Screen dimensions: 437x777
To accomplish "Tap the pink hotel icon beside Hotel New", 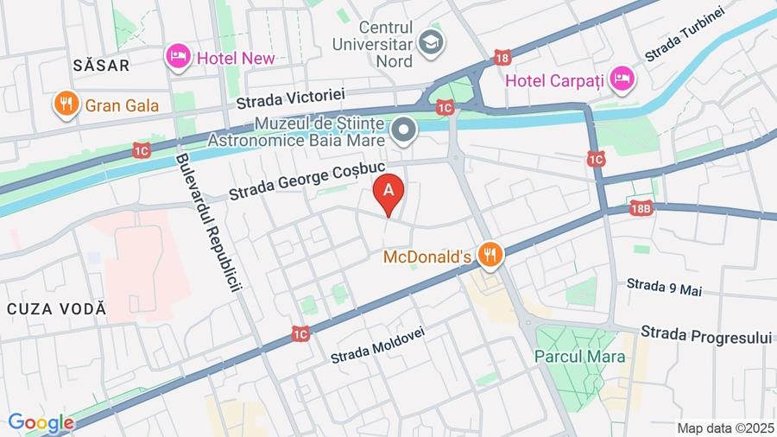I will (x=177, y=58).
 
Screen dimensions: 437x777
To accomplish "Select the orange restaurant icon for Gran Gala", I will (x=65, y=104).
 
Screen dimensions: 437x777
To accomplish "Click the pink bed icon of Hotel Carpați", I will (x=621, y=80).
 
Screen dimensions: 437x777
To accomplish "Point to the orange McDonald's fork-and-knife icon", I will (x=490, y=254).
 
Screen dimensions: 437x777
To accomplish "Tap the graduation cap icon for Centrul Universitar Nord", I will (x=429, y=40).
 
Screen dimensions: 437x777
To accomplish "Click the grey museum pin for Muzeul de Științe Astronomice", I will (x=403, y=131).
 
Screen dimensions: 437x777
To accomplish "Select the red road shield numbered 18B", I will (x=641, y=209).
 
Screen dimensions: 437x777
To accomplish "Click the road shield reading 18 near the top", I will (x=502, y=58).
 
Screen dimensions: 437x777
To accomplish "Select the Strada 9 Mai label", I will (x=664, y=286).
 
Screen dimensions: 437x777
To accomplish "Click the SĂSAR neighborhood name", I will (x=101, y=65).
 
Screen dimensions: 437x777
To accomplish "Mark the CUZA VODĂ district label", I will (x=56, y=308).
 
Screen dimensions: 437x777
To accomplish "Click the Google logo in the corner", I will (x=41, y=423).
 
